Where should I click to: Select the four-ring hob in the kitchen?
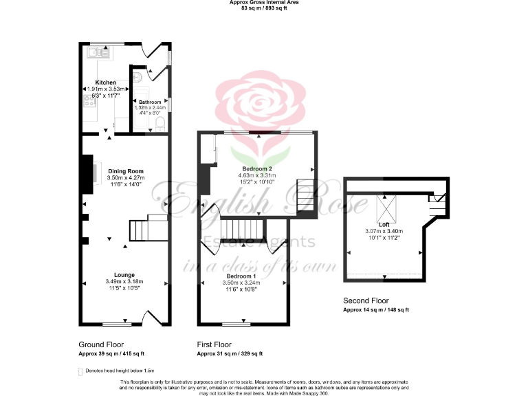89,102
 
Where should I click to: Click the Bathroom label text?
151,102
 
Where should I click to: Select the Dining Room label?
125,170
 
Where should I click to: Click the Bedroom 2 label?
257,168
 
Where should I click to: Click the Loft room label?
384,223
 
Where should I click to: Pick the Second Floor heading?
366,300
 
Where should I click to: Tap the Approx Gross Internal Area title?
263,3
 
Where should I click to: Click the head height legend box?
81,370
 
